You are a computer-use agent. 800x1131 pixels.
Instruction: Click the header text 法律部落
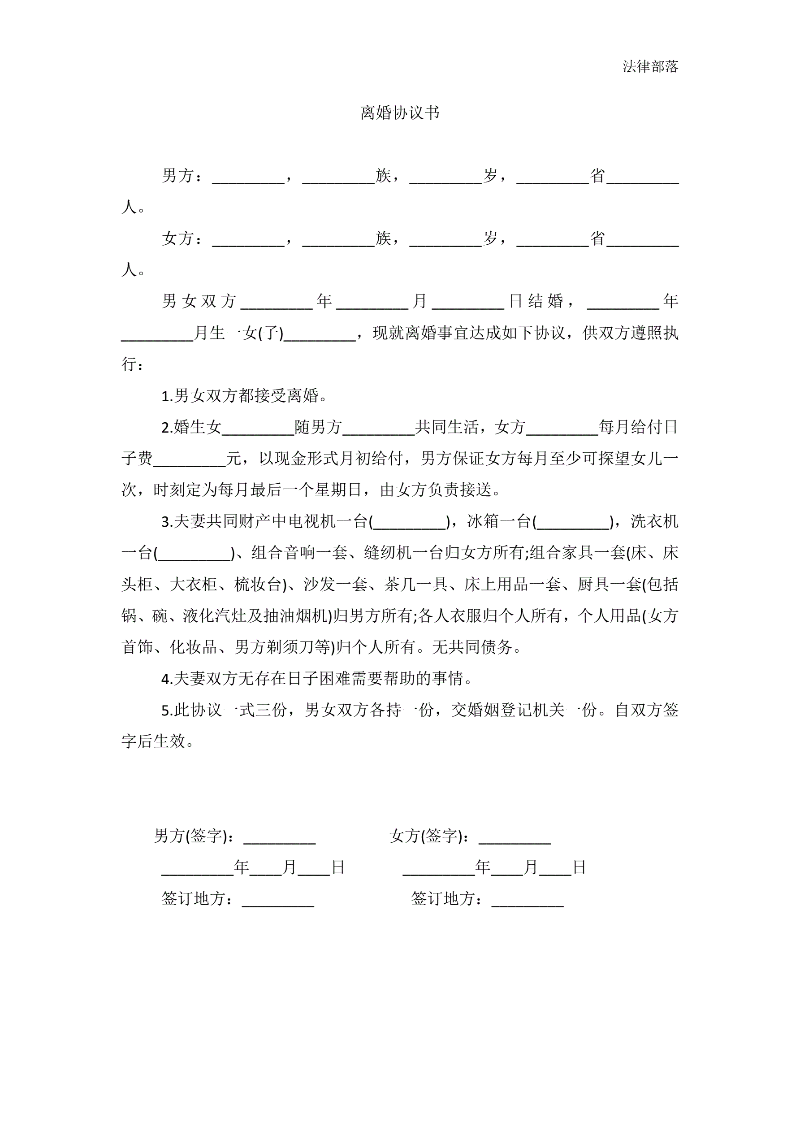(x=650, y=66)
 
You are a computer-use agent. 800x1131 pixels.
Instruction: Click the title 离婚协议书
(x=399, y=113)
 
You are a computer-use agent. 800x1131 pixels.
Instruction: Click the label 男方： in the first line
(x=182, y=176)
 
